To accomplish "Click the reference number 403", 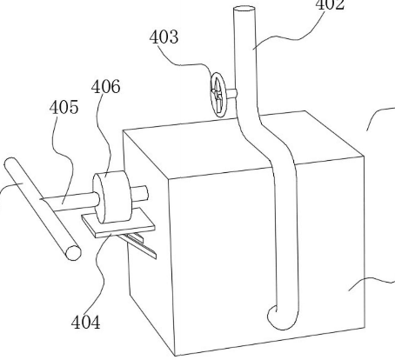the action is pos(164,37).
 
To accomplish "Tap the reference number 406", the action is pos(105,87).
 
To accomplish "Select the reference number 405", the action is pos(64,107).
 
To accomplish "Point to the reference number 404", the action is pos(86,322).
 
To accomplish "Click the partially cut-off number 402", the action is pos(330,5).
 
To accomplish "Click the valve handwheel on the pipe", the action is pos(218,95).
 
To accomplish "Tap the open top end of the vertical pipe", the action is pos(244,9).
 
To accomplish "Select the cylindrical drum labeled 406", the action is pos(112,197).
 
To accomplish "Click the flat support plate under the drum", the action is pos(118,223).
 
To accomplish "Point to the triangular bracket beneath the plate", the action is pos(139,244).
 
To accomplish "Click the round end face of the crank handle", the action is pos(73,253).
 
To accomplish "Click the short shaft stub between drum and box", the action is pos(139,194).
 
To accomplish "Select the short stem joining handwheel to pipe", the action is pos(231,93).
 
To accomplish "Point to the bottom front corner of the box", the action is pos(176,356).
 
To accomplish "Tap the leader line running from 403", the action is pos(185,64).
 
